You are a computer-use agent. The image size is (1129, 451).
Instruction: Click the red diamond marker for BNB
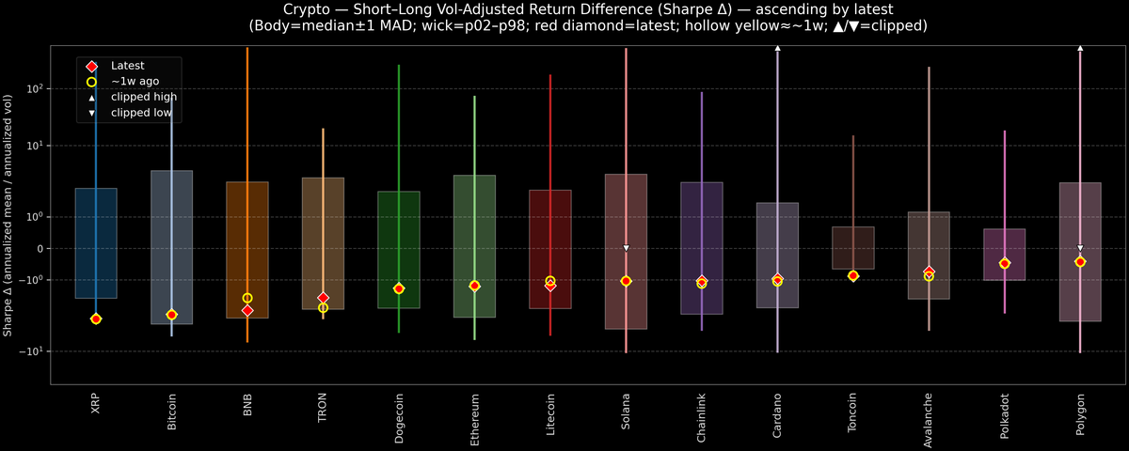click(247, 310)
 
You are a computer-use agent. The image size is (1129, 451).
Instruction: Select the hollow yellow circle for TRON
click(323, 308)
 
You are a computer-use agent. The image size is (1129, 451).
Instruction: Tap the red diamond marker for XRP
click(96, 319)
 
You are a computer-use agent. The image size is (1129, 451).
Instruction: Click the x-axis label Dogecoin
click(399, 418)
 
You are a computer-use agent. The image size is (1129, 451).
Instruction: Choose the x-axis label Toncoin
click(853, 414)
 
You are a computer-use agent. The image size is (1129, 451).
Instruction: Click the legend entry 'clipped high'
click(143, 97)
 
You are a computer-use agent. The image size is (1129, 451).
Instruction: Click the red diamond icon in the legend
click(91, 66)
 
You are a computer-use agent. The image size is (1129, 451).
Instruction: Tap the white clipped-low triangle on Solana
click(626, 248)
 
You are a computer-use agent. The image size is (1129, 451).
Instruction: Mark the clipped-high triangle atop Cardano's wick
click(777, 47)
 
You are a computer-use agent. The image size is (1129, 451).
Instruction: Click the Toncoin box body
click(853, 248)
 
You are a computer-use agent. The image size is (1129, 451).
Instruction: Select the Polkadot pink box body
click(1005, 254)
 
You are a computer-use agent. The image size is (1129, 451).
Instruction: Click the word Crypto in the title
click(284, 8)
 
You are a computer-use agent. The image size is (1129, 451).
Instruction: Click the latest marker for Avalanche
click(929, 272)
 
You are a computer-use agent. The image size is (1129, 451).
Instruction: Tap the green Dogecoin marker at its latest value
click(399, 288)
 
